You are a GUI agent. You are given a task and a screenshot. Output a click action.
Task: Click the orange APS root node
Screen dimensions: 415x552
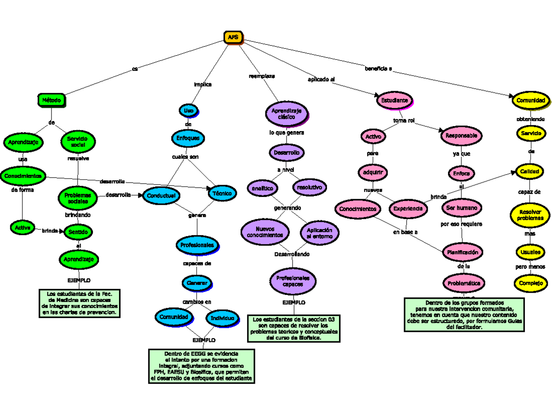click(233, 37)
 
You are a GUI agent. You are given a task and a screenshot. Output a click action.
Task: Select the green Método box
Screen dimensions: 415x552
click(51, 100)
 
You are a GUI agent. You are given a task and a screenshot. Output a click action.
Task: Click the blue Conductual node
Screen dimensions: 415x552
click(161, 196)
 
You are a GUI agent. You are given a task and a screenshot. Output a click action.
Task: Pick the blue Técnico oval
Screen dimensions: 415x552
click(222, 194)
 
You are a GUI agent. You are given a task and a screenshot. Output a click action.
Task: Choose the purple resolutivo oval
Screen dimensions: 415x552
click(309, 188)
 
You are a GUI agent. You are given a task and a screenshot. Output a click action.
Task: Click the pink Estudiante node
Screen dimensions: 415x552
click(394, 100)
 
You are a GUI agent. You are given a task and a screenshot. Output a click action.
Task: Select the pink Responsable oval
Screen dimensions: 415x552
click(461, 136)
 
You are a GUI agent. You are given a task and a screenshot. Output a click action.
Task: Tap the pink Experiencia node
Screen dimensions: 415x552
click(407, 208)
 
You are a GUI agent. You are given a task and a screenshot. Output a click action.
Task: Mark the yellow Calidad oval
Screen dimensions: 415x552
click(529, 171)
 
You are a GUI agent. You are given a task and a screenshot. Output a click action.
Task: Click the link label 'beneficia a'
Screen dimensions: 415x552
click(378, 69)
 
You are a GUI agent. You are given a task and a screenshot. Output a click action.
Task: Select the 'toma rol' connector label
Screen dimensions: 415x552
click(404, 121)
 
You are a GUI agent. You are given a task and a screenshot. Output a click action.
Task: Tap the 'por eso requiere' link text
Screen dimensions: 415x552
click(461, 224)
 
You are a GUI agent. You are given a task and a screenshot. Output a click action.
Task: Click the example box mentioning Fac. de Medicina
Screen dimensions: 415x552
click(80, 303)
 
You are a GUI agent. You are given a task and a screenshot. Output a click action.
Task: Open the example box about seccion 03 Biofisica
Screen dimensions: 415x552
click(294, 328)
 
